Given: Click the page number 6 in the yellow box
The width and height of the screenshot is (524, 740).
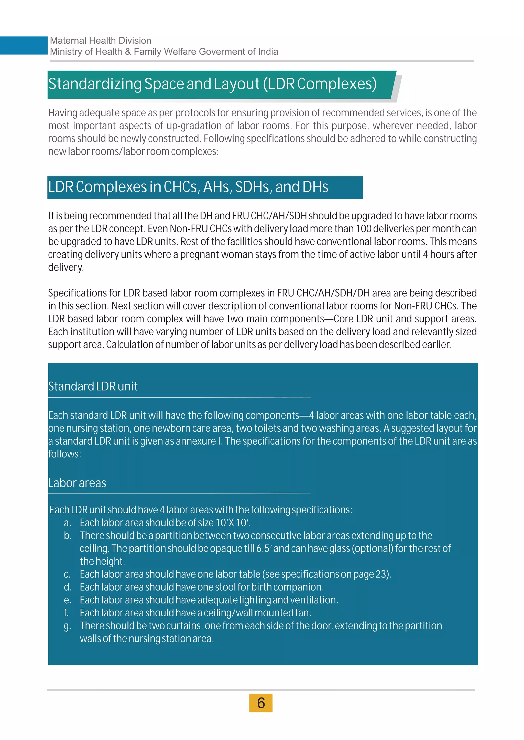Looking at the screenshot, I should click(261, 703).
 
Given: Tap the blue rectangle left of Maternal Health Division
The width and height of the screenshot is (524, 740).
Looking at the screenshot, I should click(24, 45).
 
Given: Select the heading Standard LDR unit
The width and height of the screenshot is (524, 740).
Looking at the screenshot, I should click(93, 386).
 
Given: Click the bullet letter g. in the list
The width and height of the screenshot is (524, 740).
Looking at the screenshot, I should click(67, 626).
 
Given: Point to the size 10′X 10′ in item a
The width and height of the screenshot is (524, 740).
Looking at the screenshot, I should click(232, 523).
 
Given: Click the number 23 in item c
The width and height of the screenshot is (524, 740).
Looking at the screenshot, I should click(381, 574).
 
